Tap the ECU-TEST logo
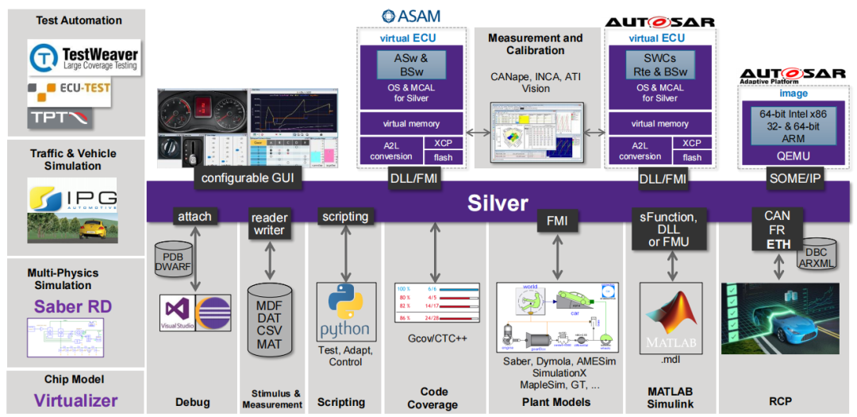pos(68,90)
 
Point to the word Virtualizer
pos(75,400)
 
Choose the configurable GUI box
pos(248,178)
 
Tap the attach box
pos(194,216)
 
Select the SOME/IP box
pos(796,178)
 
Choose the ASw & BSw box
pos(411,64)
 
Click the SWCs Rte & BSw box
pos(659,64)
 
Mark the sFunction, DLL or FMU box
pos(673,230)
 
